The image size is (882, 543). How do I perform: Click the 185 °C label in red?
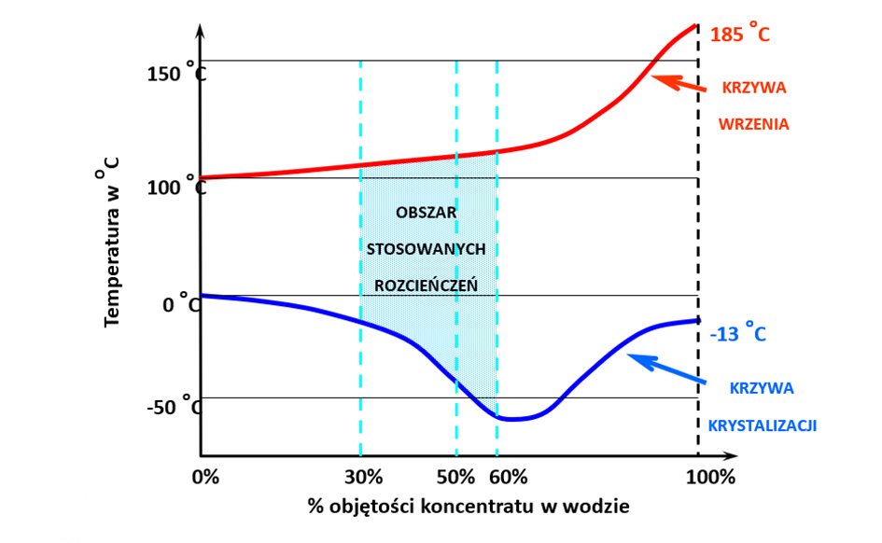click(739, 35)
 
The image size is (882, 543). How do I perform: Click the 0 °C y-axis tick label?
click(180, 305)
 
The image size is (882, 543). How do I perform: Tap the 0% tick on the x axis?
click(205, 478)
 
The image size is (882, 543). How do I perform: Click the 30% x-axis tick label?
click(363, 478)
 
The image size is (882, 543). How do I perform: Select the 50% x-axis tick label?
click(456, 478)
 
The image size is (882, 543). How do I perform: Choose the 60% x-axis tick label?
click(509, 478)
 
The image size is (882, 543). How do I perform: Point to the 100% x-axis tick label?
click(710, 478)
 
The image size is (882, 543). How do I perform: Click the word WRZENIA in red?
click(754, 122)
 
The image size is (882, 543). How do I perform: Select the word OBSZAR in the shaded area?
click(427, 212)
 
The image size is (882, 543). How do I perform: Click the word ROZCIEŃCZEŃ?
click(426, 285)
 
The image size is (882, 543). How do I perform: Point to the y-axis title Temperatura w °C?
click(113, 242)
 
